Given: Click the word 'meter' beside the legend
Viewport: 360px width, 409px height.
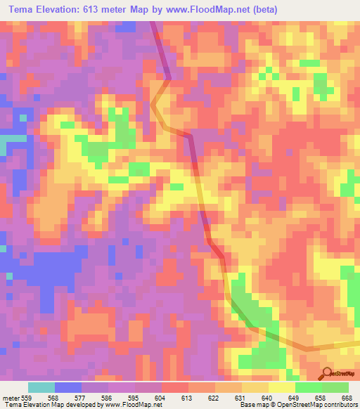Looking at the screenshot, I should click(x=9, y=397).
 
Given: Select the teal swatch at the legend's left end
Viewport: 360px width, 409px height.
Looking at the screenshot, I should click(x=41, y=387).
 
